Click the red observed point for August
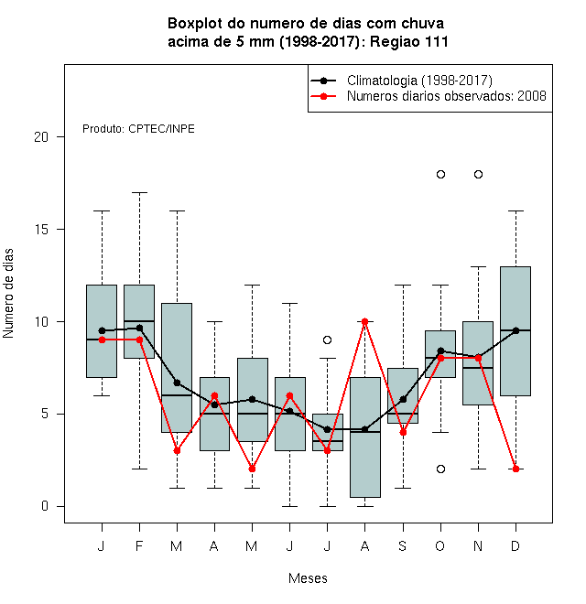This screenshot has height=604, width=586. [364, 321]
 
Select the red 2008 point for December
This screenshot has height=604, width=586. [515, 469]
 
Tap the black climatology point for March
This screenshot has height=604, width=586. [177, 383]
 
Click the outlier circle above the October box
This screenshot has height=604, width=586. [440, 175]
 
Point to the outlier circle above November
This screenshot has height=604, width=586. [478, 175]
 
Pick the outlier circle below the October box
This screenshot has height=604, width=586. [440, 469]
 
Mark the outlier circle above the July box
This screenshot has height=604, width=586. [327, 340]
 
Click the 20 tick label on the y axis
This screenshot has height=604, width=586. [41, 136]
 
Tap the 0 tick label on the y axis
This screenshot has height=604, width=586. [45, 506]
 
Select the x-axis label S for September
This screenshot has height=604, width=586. [403, 545]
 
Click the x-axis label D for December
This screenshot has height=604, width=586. [515, 545]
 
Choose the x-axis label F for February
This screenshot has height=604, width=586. [139, 545]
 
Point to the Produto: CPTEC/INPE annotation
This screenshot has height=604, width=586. [138, 129]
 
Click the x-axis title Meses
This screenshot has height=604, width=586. [308, 578]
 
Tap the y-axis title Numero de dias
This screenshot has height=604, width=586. [8, 294]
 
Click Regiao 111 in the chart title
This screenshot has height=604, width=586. [408, 41]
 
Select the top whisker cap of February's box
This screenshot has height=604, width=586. [139, 192]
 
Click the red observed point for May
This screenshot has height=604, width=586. [252, 469]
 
